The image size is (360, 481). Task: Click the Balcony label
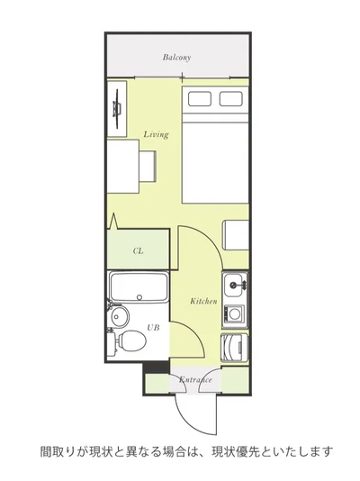tap(176, 58)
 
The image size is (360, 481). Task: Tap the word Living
tap(157, 134)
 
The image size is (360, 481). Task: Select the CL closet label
tap(139, 251)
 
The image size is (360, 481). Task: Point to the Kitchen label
tap(203, 301)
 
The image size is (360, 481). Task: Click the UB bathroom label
tap(153, 328)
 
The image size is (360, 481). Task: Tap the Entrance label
tap(195, 380)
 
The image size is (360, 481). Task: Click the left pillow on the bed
tap(200, 99)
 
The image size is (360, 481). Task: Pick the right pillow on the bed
tap(231, 99)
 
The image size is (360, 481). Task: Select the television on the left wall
tap(117, 109)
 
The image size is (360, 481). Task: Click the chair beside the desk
tap(148, 166)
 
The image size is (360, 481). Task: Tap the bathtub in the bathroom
tap(139, 287)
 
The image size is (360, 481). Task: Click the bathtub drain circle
tap(139, 297)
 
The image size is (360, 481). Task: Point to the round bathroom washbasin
tap(120, 315)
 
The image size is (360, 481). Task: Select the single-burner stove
tap(234, 314)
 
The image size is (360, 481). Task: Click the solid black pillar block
tap(157, 368)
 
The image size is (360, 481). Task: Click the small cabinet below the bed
tap(235, 235)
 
